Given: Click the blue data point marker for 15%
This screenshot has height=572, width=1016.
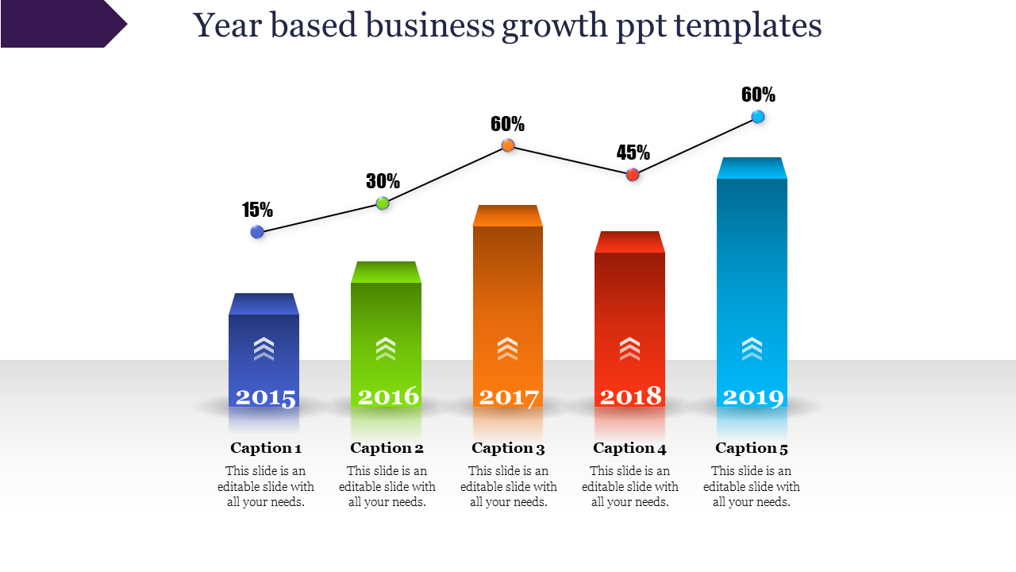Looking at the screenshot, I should pyautogui.click(x=257, y=232).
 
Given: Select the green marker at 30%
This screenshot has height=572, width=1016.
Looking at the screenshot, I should pyautogui.click(x=383, y=203).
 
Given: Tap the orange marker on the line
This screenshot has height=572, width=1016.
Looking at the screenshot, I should pyautogui.click(x=508, y=145).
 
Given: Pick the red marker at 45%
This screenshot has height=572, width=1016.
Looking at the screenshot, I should pyautogui.click(x=633, y=175).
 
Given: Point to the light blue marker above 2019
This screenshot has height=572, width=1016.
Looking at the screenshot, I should pyautogui.click(x=758, y=117).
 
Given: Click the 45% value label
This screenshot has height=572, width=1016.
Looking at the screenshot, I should pyautogui.click(x=633, y=153).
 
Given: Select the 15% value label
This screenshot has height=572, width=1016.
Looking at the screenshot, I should pyautogui.click(x=258, y=210).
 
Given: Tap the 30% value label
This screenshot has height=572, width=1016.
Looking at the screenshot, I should pyautogui.click(x=383, y=181).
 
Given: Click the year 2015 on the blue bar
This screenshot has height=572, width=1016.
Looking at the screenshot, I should pyautogui.click(x=266, y=397).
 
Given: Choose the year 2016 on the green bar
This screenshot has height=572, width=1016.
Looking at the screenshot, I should pyautogui.click(x=388, y=396).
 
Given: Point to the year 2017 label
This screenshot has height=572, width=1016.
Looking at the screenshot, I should pyautogui.click(x=509, y=396).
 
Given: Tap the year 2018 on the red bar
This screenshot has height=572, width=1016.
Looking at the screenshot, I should pyautogui.click(x=631, y=396).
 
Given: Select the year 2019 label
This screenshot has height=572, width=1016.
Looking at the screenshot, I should pyautogui.click(x=753, y=396).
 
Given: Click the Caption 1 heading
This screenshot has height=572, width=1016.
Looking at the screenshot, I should pyautogui.click(x=266, y=448).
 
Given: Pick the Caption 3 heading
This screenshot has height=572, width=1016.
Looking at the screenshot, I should pyautogui.click(x=508, y=448).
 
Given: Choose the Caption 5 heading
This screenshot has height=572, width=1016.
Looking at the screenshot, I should pyautogui.click(x=752, y=448).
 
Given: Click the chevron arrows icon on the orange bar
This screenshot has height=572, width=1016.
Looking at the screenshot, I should pyautogui.click(x=507, y=348).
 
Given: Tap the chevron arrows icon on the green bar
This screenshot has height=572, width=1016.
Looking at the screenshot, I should pyautogui.click(x=386, y=348).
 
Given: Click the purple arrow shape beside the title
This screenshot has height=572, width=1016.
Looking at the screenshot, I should pyautogui.click(x=60, y=24).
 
